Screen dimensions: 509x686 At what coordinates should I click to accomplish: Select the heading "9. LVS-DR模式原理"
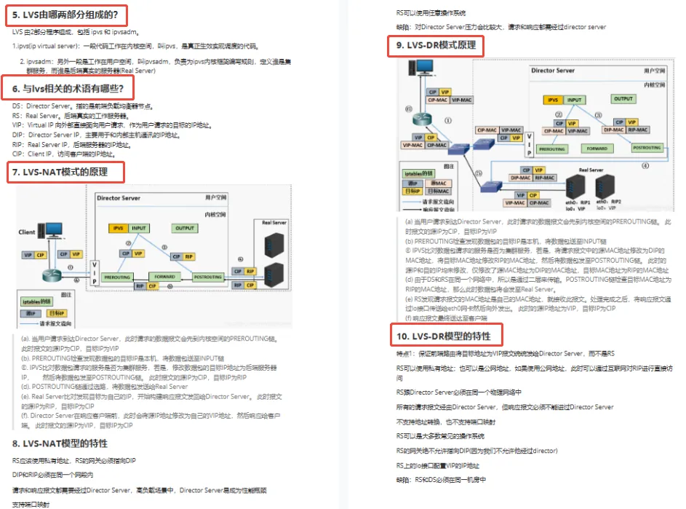pyautogui.click(x=436, y=45)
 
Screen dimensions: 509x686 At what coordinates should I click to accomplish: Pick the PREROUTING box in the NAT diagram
pyautogui.click(x=117, y=277)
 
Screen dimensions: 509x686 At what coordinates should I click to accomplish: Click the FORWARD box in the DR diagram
pyautogui.click(x=596, y=148)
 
